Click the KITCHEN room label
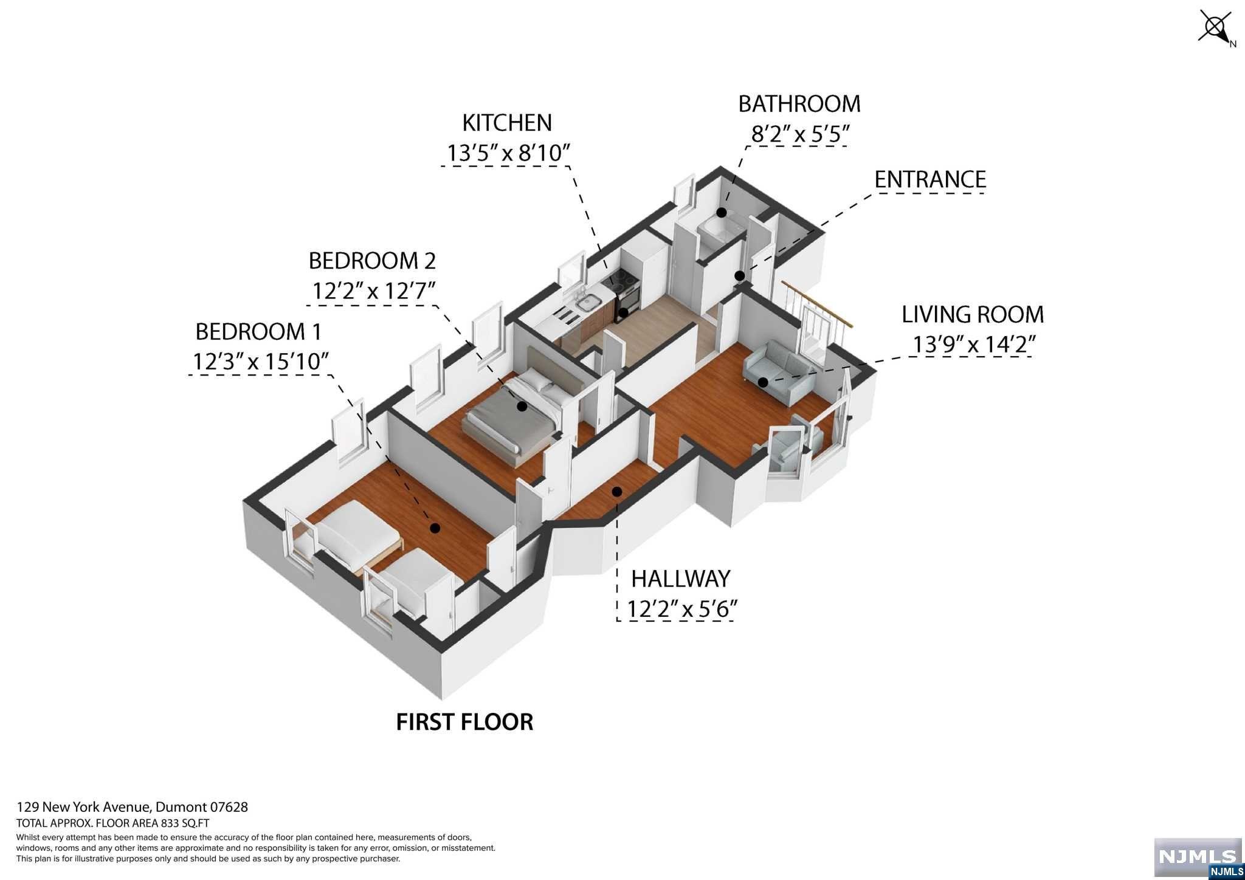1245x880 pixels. click(507, 123)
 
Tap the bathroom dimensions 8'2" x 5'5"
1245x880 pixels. click(799, 134)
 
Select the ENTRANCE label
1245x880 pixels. click(930, 179)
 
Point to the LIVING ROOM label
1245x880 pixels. click(973, 314)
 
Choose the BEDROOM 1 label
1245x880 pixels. click(258, 332)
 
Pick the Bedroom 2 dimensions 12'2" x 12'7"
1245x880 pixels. click(374, 291)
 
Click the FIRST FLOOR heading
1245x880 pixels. click(464, 721)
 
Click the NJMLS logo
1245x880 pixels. click(1198, 857)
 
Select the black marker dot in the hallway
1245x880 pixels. click(616, 491)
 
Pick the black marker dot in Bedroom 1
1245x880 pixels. click(435, 528)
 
